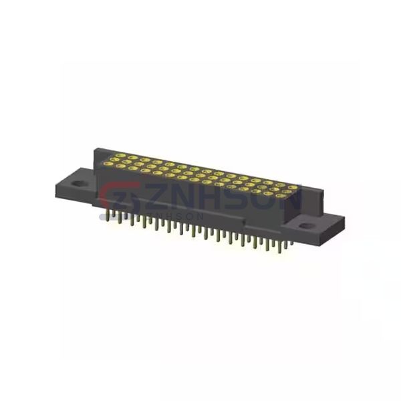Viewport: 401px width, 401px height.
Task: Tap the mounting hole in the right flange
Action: (306, 225)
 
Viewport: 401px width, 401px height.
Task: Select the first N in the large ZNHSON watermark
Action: (176, 198)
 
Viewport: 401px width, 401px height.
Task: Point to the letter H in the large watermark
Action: (205, 198)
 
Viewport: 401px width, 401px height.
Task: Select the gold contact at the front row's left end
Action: (111, 165)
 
